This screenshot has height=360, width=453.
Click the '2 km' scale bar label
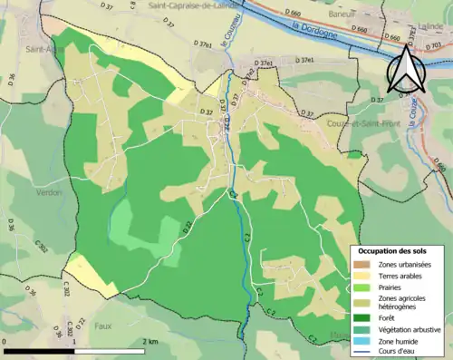151,341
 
